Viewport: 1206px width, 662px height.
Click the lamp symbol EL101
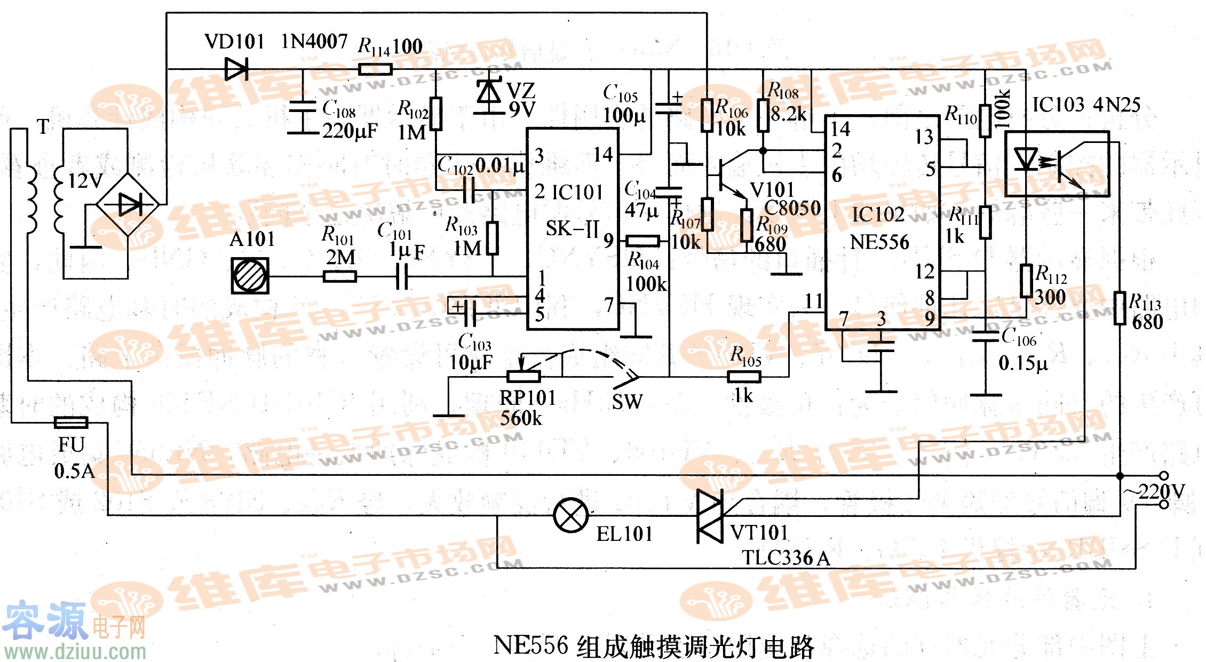570,515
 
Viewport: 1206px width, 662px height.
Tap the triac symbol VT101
710,516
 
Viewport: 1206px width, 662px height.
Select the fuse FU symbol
71,422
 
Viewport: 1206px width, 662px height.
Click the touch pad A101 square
250,276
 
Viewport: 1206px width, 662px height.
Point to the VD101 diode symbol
236,69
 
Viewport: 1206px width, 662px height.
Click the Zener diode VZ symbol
489,93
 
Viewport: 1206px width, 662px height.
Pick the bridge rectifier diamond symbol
128,204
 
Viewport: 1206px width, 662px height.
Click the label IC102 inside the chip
877,214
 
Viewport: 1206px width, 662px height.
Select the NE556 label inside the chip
879,242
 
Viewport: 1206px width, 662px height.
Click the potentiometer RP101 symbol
523,376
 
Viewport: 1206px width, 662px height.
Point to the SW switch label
627,401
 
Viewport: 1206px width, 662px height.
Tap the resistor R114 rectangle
375,69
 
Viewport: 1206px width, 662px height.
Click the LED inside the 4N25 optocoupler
1025,159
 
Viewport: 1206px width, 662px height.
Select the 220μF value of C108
350,131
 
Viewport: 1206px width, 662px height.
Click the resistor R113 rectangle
1120,308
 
